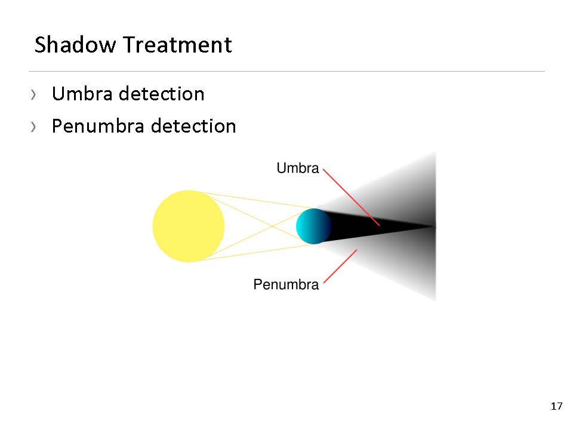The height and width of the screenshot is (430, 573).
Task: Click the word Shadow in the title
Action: coord(75,45)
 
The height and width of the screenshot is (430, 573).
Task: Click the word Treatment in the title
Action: coord(178,45)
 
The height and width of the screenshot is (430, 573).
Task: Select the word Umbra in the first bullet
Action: coord(82,94)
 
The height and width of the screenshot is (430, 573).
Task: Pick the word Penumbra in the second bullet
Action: coord(98,126)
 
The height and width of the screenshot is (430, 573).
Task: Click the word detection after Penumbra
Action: coord(193,126)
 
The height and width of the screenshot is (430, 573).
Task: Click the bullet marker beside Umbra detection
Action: coord(33,95)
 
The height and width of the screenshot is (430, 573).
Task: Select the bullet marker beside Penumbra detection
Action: coord(33,127)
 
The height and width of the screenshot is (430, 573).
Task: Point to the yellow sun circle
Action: coord(189,226)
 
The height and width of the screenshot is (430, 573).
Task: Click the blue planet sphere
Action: coord(313,226)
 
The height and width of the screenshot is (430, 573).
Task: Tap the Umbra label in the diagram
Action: coord(298,168)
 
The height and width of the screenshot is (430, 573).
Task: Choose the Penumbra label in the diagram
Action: coord(286,284)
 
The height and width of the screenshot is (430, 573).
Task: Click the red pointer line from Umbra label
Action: coord(352,198)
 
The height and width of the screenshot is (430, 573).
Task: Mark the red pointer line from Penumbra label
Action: coord(340,266)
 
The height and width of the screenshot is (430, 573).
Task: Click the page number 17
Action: coord(556,406)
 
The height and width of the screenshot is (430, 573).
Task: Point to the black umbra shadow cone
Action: coord(365,226)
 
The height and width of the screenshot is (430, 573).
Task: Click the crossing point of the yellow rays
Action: coord(272,226)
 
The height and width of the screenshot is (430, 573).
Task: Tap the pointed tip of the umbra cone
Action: coord(435,227)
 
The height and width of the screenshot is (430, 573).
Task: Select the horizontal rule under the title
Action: coord(287,71)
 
